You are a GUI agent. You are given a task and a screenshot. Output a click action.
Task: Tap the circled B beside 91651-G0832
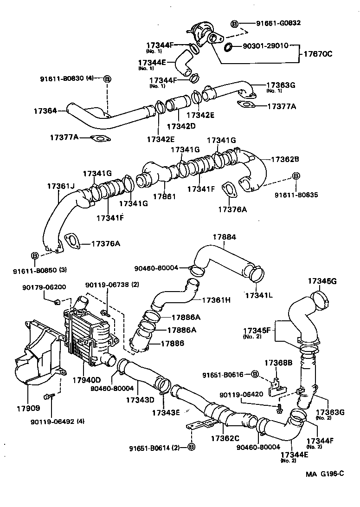tap(234, 24)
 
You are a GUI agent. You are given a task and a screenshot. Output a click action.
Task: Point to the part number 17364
tap(45, 111)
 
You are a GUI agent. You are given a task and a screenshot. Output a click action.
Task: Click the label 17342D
tap(181, 126)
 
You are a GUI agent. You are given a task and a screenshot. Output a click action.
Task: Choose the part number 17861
tap(165, 196)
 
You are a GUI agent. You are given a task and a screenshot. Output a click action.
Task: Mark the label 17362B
tap(285, 159)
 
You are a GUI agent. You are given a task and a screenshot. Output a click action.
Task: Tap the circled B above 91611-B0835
tap(295, 176)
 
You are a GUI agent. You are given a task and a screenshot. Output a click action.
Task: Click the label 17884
tap(224, 237)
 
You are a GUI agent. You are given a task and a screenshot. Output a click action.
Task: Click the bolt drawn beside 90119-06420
tap(279, 410)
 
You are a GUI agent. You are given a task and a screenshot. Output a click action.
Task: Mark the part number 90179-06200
tap(44, 287)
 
